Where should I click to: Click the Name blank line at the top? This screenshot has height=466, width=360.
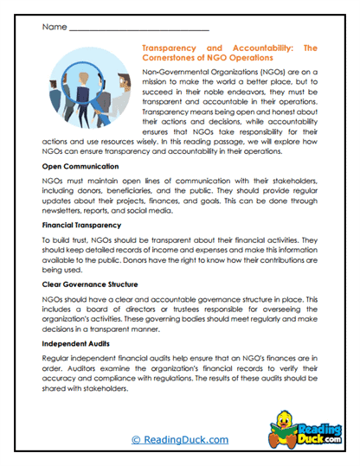138,28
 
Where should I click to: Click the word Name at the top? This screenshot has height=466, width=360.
53,27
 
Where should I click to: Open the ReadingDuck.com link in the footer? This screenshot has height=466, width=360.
186,439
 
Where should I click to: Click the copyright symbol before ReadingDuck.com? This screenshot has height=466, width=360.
136,439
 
